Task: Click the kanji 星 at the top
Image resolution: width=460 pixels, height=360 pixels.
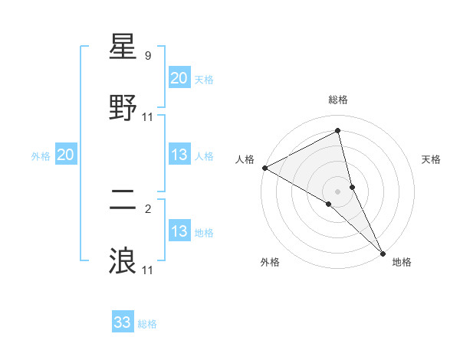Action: (x=123, y=47)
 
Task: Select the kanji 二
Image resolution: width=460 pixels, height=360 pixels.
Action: (x=123, y=201)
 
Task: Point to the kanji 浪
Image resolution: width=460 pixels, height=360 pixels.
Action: (x=123, y=261)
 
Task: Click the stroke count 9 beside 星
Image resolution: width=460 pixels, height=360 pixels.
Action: (x=148, y=56)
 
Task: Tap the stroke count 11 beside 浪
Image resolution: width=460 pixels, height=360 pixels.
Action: (x=148, y=270)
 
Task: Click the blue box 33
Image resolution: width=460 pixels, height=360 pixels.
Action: (x=123, y=322)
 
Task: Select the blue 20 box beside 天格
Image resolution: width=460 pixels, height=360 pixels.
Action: (x=179, y=78)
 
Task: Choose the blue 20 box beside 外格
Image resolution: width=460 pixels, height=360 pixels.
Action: (x=66, y=155)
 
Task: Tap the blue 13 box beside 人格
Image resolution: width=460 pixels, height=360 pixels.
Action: (x=179, y=155)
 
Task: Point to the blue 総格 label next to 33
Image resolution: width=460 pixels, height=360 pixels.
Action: (x=148, y=324)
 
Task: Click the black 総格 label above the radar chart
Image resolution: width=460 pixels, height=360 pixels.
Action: (x=338, y=100)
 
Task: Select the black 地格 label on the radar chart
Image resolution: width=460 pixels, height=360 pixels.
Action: (x=402, y=263)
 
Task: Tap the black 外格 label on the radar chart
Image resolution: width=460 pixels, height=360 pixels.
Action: (x=270, y=263)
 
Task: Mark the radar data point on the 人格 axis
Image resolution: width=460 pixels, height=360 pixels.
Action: (x=264, y=168)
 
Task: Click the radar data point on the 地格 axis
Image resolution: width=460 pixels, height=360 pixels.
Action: (x=383, y=252)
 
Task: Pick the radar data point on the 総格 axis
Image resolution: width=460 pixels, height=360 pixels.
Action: (x=338, y=131)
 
